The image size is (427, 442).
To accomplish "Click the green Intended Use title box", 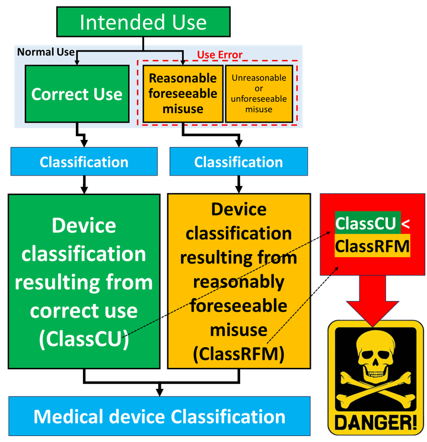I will pos(143,22).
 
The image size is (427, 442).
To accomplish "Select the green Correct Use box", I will pos(77,94).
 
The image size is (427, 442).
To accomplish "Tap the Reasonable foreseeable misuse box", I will pos(183,94).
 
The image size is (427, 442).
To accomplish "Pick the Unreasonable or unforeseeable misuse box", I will pos(259,94).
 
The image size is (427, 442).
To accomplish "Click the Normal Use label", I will pos(46,52).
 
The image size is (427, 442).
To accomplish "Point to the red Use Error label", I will pos(219,55).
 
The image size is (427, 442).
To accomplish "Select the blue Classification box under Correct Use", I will pos(84,162).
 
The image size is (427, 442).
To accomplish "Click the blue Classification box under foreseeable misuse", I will pos(238,162).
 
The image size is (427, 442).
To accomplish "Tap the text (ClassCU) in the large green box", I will pos(84,339).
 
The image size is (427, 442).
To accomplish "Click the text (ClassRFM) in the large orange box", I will pos(238,354).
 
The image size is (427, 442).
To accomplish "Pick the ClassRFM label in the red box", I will pos(372,245).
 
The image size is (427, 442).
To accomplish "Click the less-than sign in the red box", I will pos(406,224).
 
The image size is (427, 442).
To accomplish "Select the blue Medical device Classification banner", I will pos(159,416).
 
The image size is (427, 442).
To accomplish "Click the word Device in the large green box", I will pos(84,225).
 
